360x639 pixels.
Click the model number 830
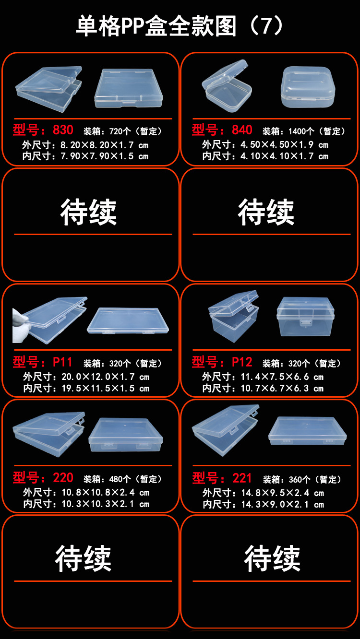[63, 130]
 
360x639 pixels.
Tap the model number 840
[242, 130]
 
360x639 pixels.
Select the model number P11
[62, 362]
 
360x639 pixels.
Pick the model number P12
[242, 362]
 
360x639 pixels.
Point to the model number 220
[63, 478]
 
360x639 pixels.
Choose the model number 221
[242, 478]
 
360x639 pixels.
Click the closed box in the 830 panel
[128, 89]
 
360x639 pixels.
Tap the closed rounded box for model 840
[307, 86]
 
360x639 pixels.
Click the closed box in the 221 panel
[307, 431]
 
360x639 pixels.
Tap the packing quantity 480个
[120, 479]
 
